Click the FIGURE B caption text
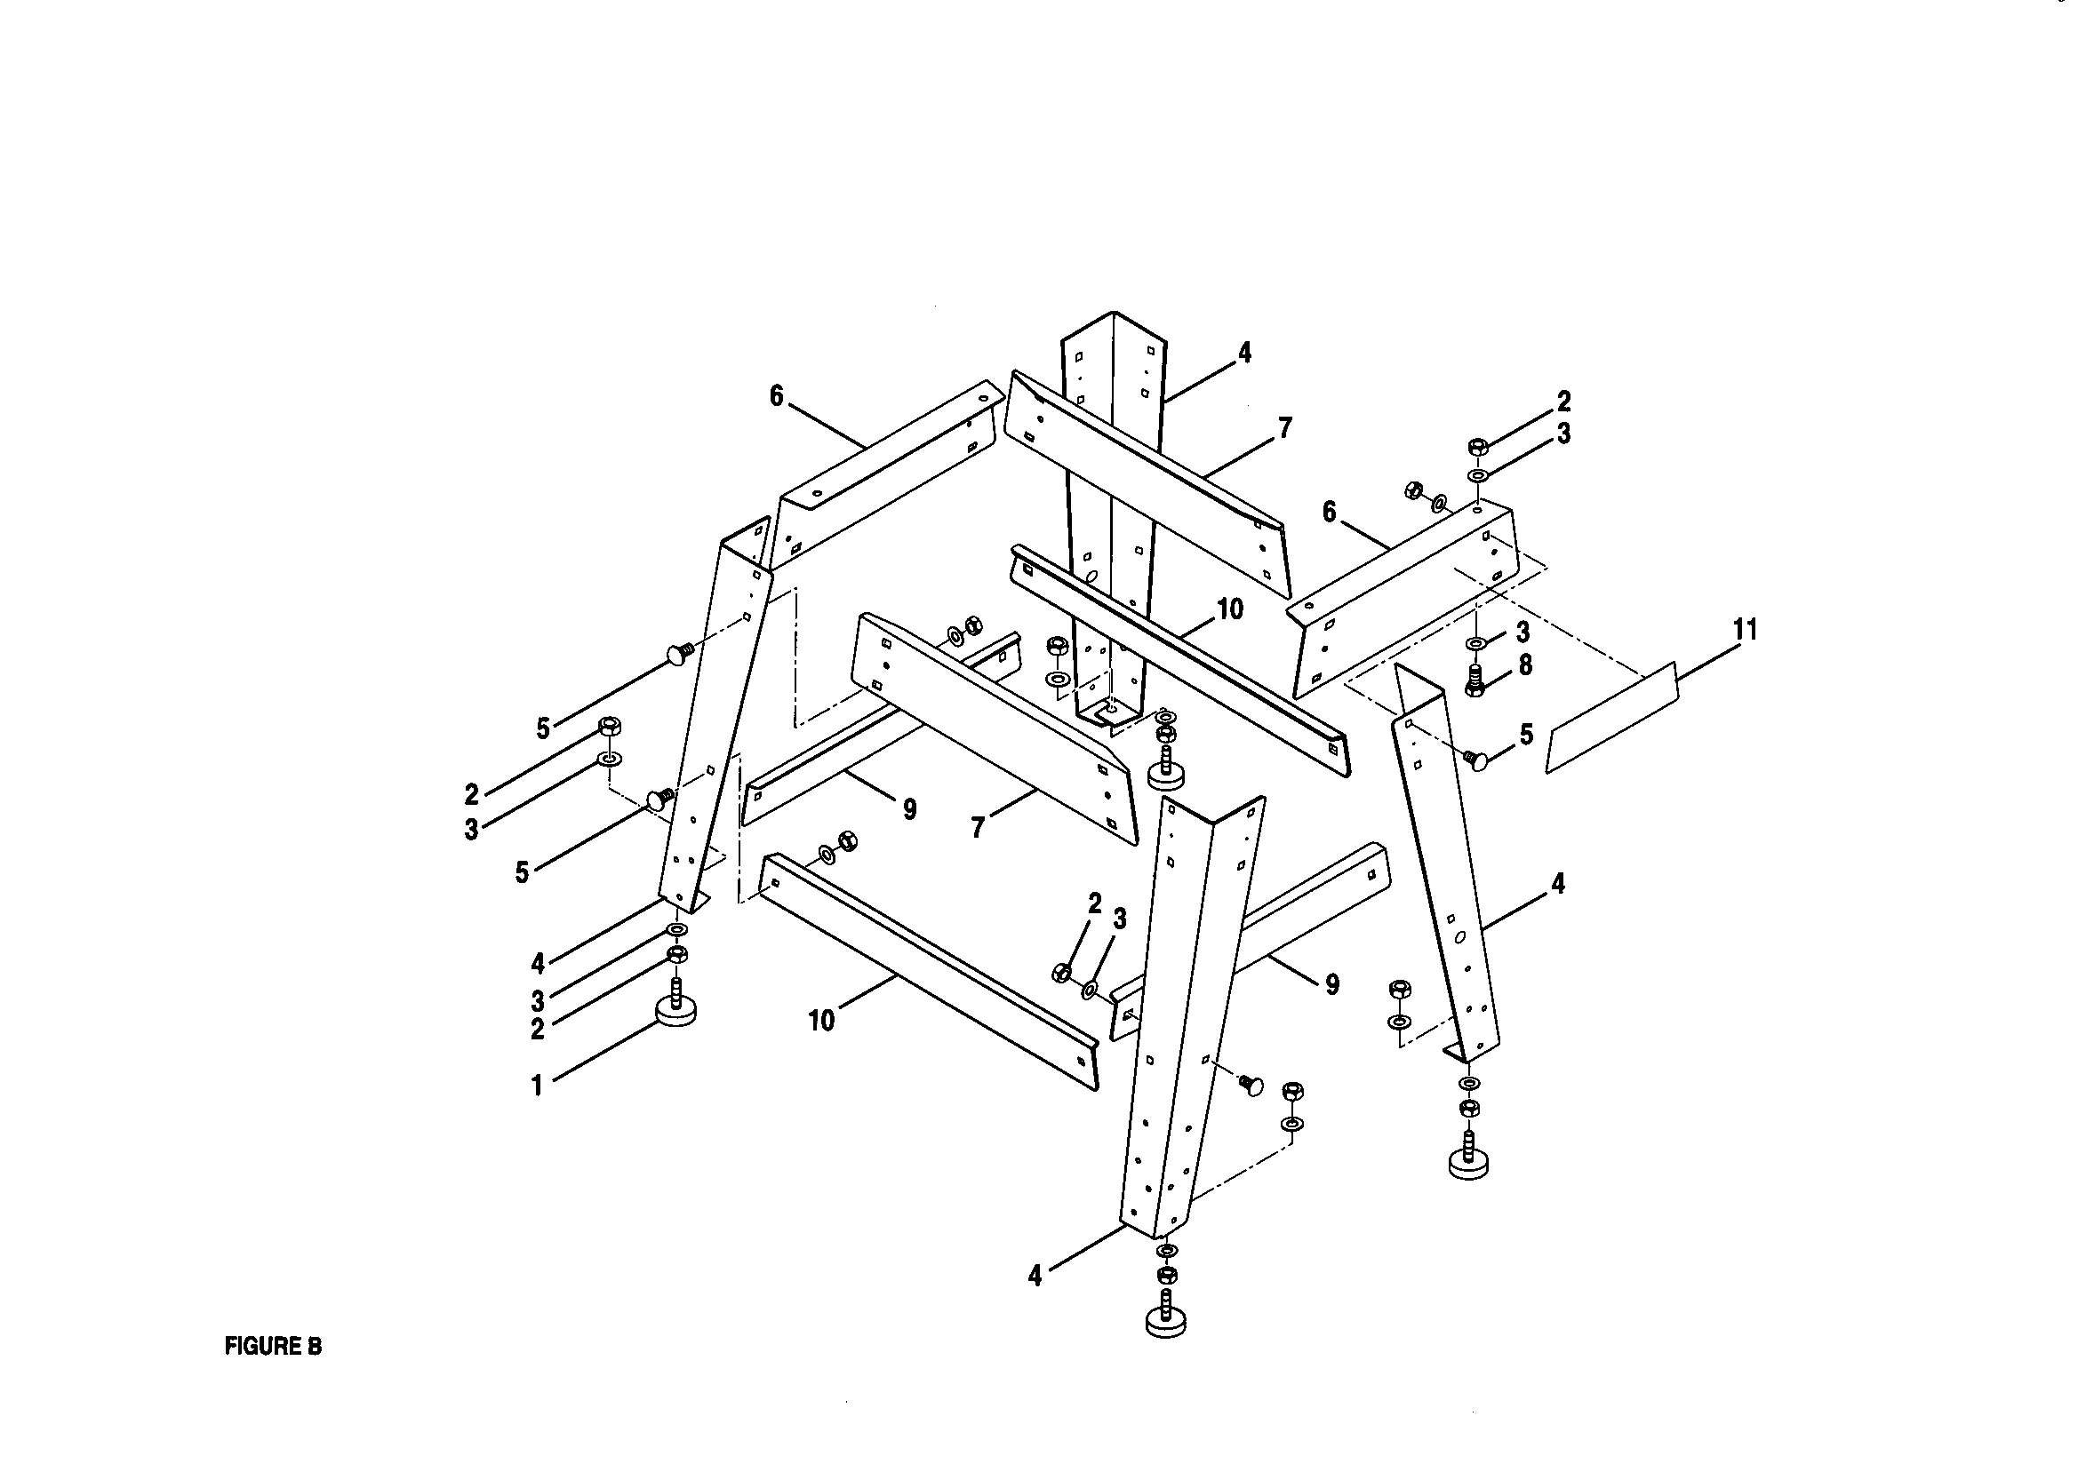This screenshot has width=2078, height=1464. [x=273, y=1347]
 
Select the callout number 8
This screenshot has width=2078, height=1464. [x=1525, y=666]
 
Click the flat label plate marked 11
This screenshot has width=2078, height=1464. [x=1612, y=717]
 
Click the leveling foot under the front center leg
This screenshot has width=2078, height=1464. [x=1167, y=1320]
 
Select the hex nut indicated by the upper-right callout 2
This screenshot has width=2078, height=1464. [x=1477, y=447]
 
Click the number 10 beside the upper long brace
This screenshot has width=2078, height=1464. [x=1230, y=609]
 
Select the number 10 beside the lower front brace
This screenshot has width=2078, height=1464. [x=821, y=1022]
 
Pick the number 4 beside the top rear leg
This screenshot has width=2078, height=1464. [x=1244, y=353]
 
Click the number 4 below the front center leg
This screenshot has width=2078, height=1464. [x=1035, y=1276]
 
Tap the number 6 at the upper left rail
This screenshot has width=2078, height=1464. [x=776, y=396]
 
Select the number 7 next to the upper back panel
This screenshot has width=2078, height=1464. [x=1285, y=428]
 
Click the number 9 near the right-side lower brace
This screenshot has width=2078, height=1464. [x=1331, y=984]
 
